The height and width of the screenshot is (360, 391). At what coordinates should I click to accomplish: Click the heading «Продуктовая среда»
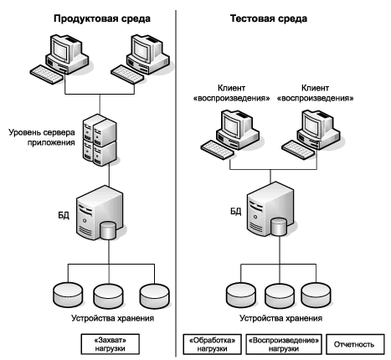click(x=102, y=19)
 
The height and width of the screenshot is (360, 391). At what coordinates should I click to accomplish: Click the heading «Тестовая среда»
click(x=269, y=18)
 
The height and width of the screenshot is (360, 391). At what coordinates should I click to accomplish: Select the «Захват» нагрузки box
click(x=111, y=344)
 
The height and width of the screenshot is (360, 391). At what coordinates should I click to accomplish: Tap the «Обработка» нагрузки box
click(x=213, y=344)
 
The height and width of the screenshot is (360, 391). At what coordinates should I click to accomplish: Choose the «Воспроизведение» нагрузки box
click(x=284, y=344)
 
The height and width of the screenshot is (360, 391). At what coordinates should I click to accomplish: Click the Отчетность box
click(x=355, y=344)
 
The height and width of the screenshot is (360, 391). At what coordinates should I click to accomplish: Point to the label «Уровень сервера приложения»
click(x=42, y=137)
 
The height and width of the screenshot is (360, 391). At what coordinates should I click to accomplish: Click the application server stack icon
click(x=100, y=140)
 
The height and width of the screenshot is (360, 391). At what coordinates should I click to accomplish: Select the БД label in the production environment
click(x=64, y=215)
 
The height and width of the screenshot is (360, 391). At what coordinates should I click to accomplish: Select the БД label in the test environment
click(x=236, y=211)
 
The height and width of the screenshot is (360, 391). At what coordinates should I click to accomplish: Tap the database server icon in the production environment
click(x=100, y=213)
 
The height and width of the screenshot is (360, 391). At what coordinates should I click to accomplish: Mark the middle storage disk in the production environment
click(x=108, y=296)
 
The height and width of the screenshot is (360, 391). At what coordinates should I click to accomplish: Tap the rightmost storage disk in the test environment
click(x=316, y=296)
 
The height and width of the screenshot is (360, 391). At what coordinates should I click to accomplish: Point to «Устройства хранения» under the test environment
click(x=281, y=318)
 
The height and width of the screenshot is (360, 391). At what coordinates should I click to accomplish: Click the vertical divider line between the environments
click(x=176, y=183)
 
